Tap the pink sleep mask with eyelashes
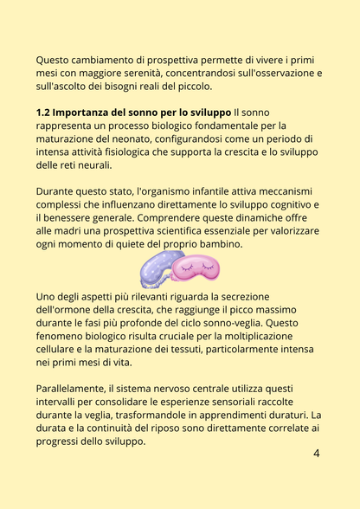click(196, 270)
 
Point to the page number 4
click(316, 453)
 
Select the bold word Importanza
click(89, 113)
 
